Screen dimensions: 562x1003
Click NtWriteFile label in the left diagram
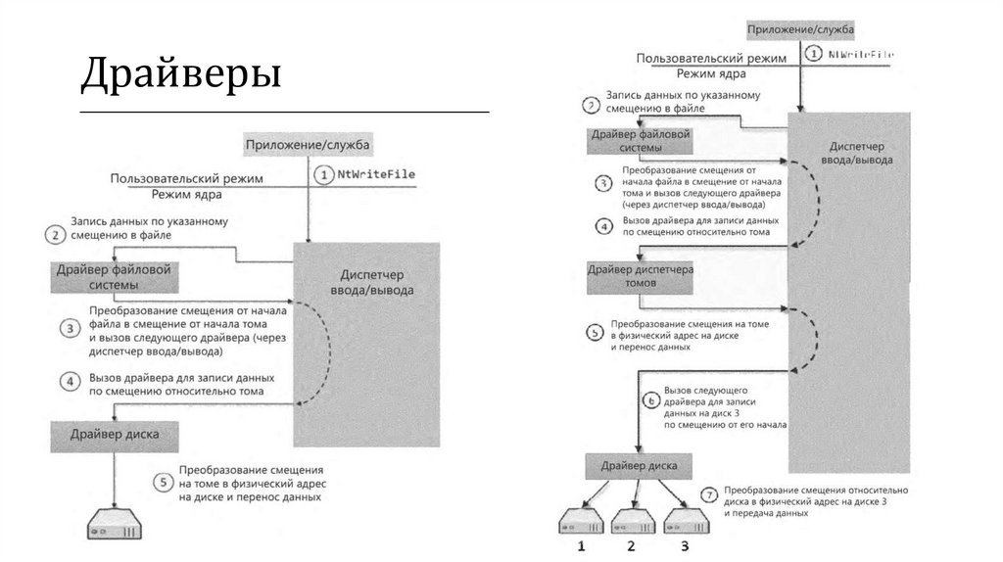click(377, 174)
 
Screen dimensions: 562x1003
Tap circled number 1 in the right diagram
click(815, 54)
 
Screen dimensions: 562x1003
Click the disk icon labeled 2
click(632, 520)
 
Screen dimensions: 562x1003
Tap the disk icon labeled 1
click(581, 520)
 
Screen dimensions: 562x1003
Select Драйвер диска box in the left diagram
click(108, 433)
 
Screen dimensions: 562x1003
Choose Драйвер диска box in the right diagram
click(639, 465)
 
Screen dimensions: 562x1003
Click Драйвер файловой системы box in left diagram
click(115, 277)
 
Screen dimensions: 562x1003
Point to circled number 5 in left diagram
click(164, 482)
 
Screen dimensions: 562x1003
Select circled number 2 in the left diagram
click(54, 235)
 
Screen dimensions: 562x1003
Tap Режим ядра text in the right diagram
click(711, 73)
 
